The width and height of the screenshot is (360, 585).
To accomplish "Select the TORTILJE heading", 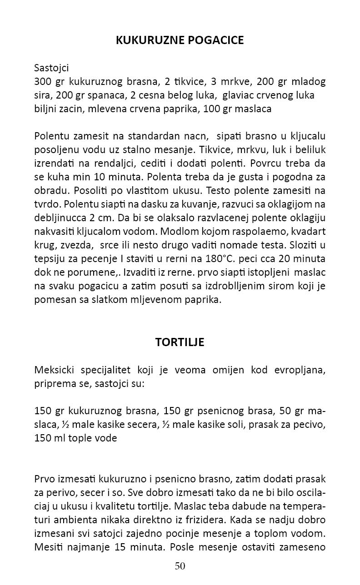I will coord(180,342).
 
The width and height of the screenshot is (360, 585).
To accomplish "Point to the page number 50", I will coord(180,565).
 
